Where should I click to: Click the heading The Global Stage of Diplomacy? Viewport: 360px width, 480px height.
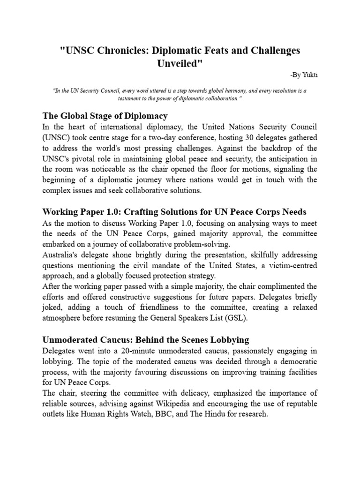(x=105, y=115)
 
